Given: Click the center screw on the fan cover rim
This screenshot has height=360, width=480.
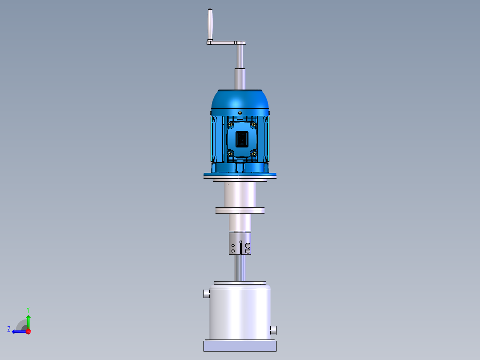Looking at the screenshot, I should [x=240, y=112].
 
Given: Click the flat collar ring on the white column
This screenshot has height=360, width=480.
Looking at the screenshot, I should [x=240, y=210].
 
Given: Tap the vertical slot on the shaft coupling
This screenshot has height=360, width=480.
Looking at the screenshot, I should [x=241, y=247].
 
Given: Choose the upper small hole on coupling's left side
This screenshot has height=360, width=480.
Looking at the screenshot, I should [x=233, y=245].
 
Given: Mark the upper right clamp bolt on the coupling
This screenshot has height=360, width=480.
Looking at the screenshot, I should [x=248, y=245].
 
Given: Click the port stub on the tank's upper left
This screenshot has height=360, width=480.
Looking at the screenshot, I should [x=206, y=294].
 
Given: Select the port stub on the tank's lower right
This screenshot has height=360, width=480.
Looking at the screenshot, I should [x=273, y=330].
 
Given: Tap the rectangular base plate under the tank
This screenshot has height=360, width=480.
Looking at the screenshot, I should [x=240, y=346].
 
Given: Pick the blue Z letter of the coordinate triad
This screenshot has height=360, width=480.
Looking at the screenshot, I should [x=9, y=329].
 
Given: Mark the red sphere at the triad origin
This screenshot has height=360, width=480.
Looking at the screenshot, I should [x=28, y=331].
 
